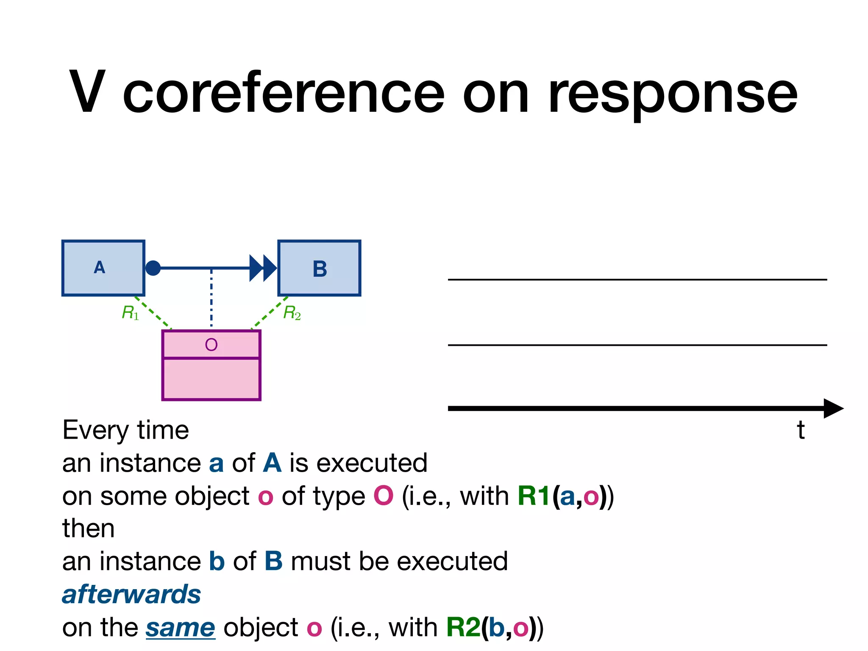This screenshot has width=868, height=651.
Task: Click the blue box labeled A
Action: tap(103, 268)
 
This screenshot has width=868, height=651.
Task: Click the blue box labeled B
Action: tap(319, 268)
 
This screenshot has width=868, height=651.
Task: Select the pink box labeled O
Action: tap(211, 365)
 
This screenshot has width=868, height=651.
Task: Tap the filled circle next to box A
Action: tap(153, 268)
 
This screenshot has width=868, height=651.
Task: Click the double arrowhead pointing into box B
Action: tap(263, 268)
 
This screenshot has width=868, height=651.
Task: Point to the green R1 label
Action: tap(130, 313)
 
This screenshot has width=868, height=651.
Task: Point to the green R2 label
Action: tap(292, 313)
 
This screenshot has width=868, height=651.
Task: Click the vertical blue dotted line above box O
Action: tap(211, 299)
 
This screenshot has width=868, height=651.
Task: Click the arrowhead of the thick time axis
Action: tap(832, 408)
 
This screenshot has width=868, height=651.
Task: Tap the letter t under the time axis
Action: tap(800, 430)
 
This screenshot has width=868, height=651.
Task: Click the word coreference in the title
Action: tap(283, 93)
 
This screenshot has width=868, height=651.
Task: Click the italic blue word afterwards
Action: tap(131, 594)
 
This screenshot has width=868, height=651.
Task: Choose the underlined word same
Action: tap(181, 628)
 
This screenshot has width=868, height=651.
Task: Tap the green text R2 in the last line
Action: tap(463, 627)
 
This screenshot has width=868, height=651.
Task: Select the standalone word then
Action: tap(88, 529)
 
